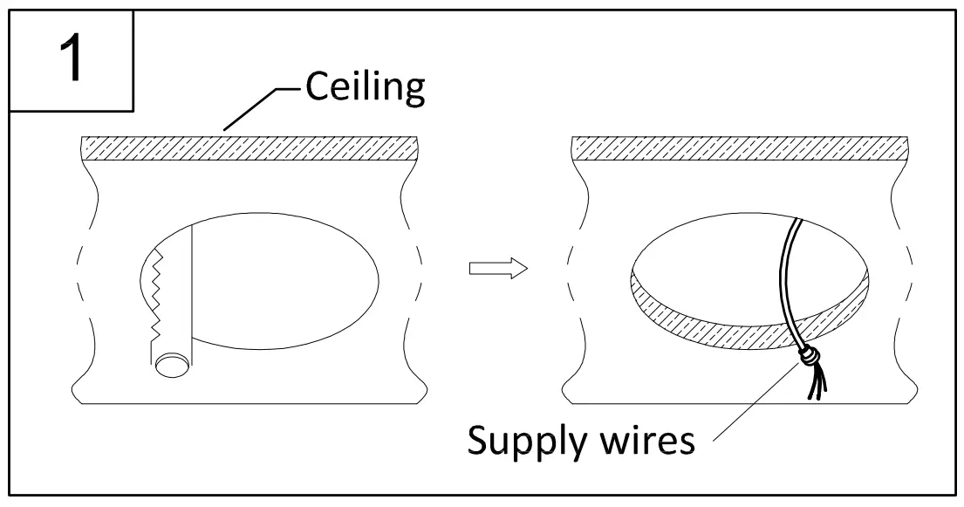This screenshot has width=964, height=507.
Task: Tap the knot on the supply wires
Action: point(811,356)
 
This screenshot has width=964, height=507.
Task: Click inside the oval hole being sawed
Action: point(279,279)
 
